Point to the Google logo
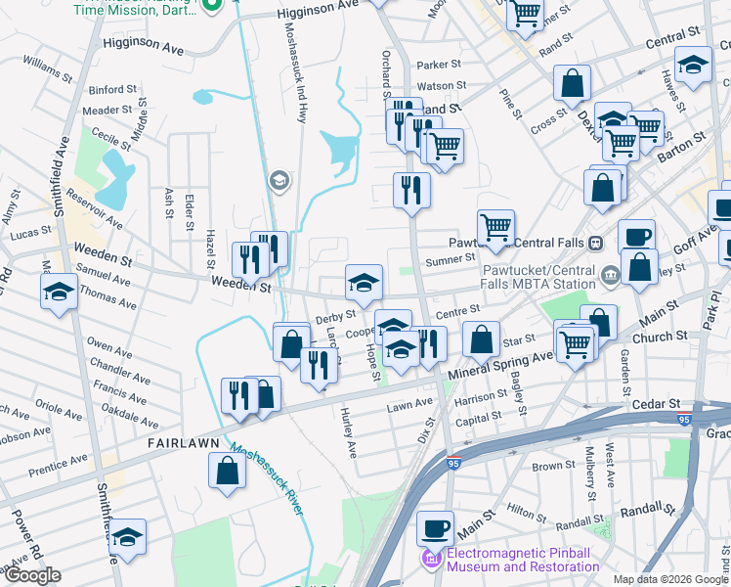point(32,575)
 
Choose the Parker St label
point(438,66)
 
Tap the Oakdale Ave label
point(128,414)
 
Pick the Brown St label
point(553,467)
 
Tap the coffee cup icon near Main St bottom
point(436,528)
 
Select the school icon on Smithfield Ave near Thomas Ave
point(59,292)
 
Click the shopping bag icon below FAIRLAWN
point(227,472)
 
